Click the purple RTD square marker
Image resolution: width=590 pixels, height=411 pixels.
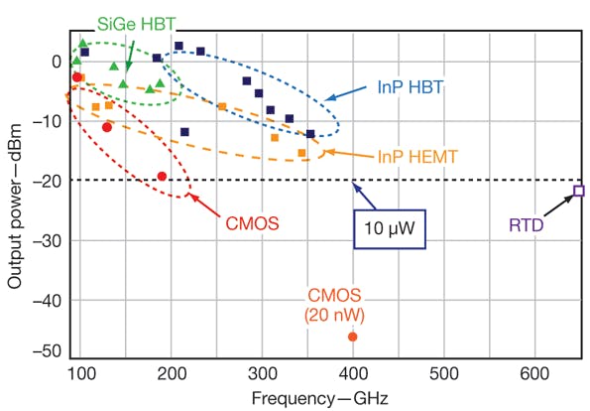coord(580,191)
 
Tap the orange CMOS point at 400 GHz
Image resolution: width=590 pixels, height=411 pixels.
coord(352,337)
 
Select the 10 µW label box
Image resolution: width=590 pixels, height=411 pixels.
coord(390,227)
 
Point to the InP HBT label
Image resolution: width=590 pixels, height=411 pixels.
coord(410,88)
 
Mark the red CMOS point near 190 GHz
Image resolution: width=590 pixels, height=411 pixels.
coord(163,177)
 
